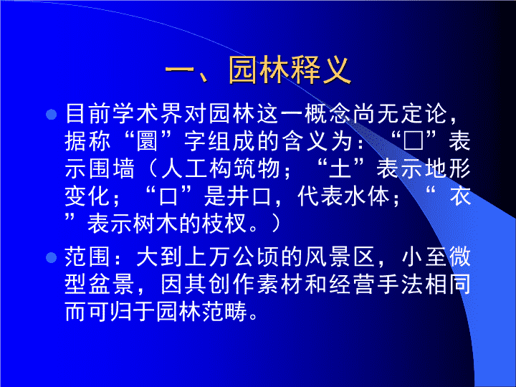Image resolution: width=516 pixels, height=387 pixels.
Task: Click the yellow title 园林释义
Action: click(x=290, y=70)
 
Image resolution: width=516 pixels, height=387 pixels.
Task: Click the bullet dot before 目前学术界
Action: click(x=52, y=115)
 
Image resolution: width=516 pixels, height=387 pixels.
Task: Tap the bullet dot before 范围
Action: click(x=52, y=257)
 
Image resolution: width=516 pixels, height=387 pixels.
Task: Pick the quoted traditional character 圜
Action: click(x=147, y=141)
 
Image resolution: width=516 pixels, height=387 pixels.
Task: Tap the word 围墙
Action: click(x=100, y=169)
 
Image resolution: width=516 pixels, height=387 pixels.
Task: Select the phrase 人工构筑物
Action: click(x=221, y=169)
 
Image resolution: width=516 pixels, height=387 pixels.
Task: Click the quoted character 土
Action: click(x=340, y=169)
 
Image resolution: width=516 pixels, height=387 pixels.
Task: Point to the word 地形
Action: click(x=448, y=169)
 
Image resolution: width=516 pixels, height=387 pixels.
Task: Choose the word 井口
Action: click(x=249, y=196)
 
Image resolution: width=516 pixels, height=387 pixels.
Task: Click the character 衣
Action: click(x=460, y=196)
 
